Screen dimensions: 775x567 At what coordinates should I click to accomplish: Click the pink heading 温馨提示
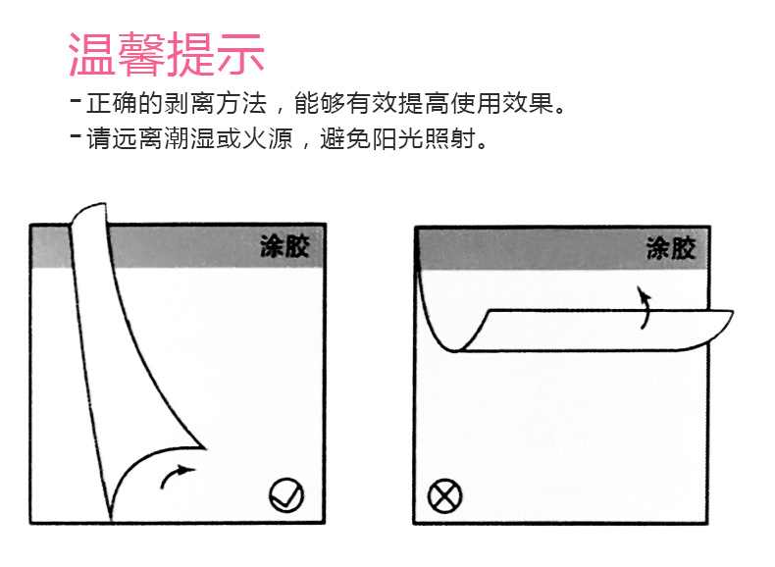166,54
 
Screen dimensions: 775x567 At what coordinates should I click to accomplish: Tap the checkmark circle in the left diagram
286,494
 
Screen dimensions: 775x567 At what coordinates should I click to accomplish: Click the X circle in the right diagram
444,495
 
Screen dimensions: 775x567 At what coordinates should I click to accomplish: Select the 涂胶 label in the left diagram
284,246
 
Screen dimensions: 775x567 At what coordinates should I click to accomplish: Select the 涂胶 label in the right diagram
671,248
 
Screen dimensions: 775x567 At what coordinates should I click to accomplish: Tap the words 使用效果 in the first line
502,103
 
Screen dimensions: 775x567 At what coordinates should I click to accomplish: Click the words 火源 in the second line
268,138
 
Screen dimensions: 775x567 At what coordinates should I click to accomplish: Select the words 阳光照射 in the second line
424,138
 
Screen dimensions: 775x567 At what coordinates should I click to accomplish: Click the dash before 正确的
76,100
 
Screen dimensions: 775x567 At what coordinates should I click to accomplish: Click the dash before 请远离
76,135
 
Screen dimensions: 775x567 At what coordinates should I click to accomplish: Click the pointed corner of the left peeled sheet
205,448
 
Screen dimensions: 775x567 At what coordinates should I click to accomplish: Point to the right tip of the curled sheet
733,311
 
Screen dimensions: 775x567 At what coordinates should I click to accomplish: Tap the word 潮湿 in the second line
189,138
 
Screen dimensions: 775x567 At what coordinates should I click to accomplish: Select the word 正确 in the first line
112,103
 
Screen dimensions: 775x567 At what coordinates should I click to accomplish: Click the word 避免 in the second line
345,138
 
